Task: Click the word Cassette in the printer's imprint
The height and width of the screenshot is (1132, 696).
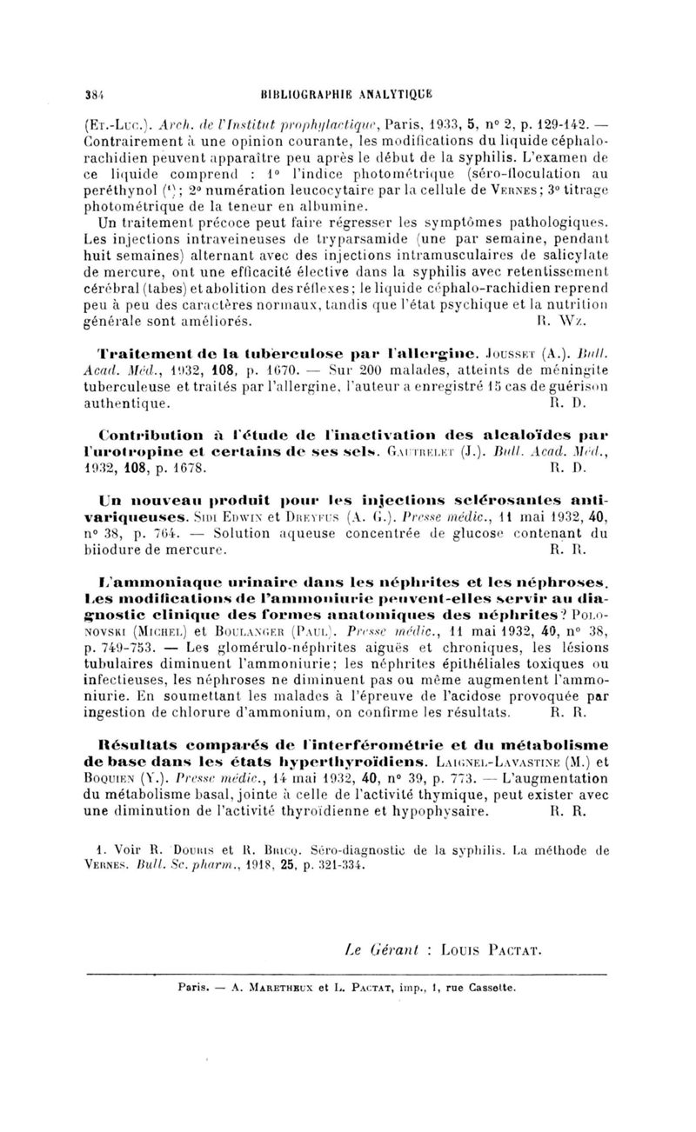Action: (x=492, y=989)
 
